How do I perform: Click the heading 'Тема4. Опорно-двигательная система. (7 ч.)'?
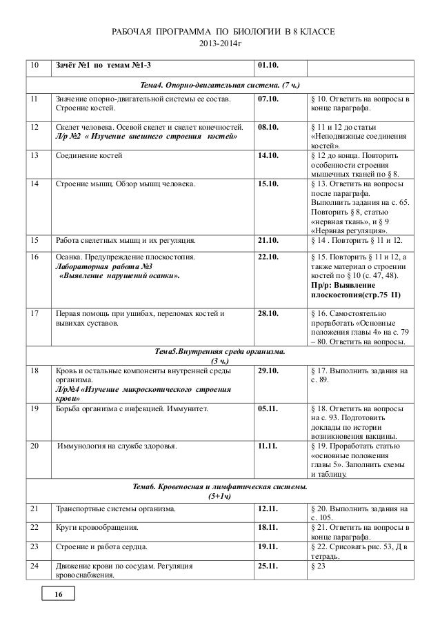219,84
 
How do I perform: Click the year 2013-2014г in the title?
219,45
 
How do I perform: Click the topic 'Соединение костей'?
90,156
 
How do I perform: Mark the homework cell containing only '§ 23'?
320,565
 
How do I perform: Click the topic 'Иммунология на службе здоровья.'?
117,446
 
